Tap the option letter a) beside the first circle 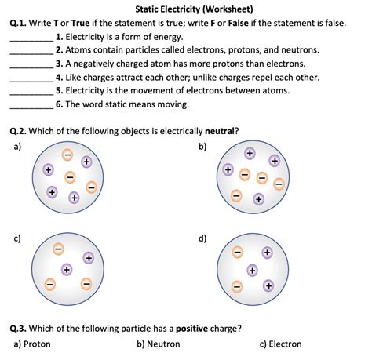tap(14, 146)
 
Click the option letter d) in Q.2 tap(203, 238)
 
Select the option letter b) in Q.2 tap(203, 146)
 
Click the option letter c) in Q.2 tap(14, 238)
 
